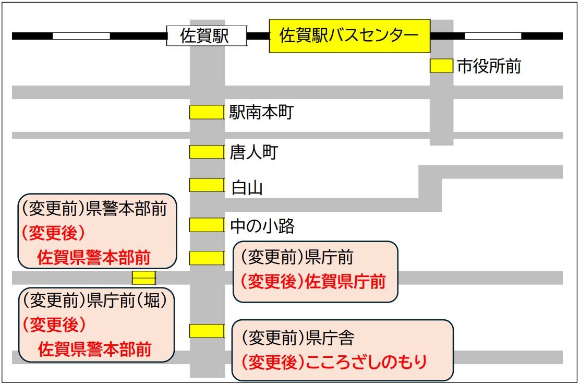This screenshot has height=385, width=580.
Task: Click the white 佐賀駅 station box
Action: point(206,35)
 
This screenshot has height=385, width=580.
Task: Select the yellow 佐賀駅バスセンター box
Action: point(349,35)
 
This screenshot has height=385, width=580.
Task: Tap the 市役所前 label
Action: point(489,66)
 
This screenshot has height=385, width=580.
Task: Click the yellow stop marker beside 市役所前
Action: point(441,66)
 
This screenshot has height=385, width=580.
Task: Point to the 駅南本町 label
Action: point(261,112)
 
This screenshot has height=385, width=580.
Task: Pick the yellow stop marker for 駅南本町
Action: point(206,112)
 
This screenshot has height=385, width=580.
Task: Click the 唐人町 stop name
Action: point(253,152)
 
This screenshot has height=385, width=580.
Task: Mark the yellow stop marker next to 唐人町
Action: point(206,152)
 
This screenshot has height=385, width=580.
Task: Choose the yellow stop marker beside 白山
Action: point(206,185)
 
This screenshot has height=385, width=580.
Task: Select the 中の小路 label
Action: point(262,226)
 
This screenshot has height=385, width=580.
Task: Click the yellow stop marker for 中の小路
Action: point(206,225)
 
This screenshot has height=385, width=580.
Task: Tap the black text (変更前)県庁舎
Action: point(298,338)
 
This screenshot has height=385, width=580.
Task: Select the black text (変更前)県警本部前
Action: point(94,209)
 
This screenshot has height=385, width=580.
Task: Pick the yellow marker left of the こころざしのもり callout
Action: point(206,331)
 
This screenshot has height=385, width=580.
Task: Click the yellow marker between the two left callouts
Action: point(143,278)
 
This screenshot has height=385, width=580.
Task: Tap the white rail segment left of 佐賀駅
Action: point(81,36)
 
